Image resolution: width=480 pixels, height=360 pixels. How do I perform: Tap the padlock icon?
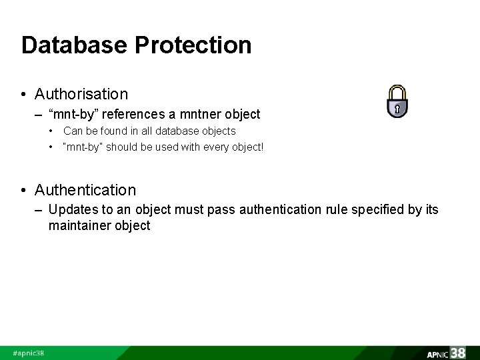click(397, 101)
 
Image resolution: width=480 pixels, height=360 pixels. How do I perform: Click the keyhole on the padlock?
click(397, 108)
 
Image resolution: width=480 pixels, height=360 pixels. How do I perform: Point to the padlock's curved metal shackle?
click(397, 91)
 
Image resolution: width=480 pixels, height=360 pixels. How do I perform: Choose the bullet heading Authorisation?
click(81, 93)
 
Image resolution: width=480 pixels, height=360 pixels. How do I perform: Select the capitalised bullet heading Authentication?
click(85, 190)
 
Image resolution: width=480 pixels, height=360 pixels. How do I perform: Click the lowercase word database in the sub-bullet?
click(172, 131)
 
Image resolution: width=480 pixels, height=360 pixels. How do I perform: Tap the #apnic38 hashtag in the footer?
click(28, 353)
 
